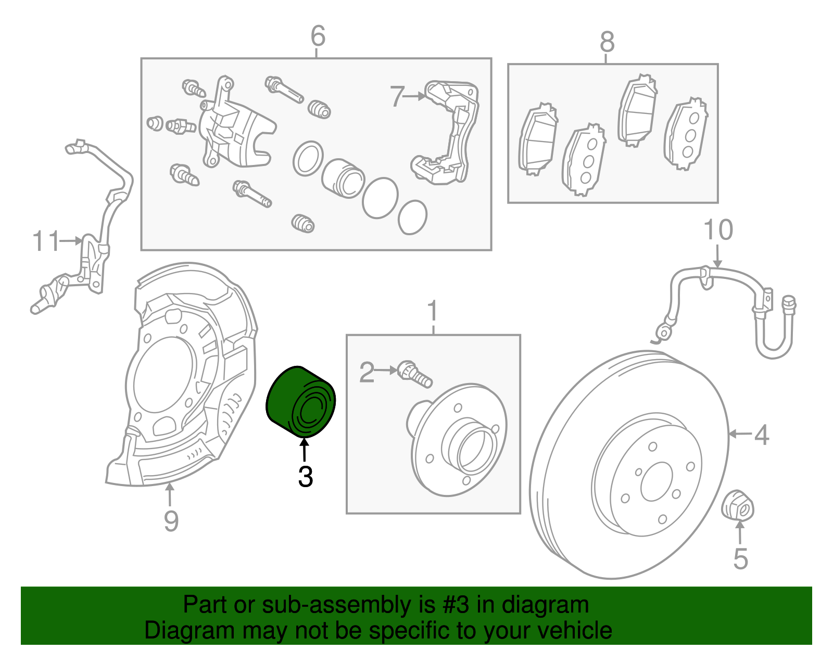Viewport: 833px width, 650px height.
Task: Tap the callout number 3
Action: pos(306,477)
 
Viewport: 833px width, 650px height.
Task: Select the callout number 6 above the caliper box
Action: pos(318,36)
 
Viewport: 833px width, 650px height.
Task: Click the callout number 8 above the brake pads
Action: pos(607,42)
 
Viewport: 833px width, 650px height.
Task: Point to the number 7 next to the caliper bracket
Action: pos(397,97)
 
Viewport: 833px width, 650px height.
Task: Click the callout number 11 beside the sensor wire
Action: pos(46,241)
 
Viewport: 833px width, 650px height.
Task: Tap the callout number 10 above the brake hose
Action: pos(718,230)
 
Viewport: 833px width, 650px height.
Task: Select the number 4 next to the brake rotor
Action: pos(762,435)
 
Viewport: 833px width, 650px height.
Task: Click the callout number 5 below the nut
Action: pos(740,559)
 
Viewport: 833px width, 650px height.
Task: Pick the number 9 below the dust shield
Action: pos(171,520)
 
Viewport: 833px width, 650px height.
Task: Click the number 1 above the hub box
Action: pos(433,311)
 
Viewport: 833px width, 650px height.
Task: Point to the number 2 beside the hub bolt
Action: pos(367,373)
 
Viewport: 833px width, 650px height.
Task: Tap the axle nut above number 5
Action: pos(738,505)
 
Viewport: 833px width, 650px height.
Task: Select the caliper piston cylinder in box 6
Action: pos(342,178)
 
